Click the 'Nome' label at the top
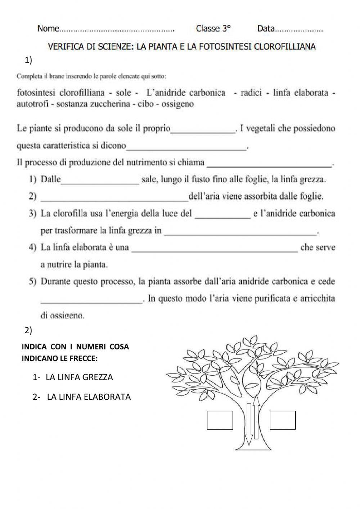pos(48,29)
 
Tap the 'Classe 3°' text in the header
pos(213,29)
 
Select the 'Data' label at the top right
pos(266,29)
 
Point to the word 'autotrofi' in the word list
pos(31,104)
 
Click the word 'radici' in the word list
pos(251,93)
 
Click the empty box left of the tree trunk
pos(220,420)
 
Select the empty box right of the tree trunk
pos(283,420)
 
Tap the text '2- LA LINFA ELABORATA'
pos(82,397)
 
